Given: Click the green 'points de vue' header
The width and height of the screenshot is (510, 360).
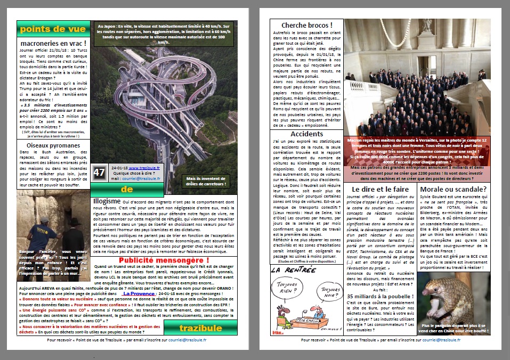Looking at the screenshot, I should pos(52,28).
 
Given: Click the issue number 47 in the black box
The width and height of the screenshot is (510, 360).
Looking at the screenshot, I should pos(99,173).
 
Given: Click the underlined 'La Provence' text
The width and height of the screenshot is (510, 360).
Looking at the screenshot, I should pos(137,293).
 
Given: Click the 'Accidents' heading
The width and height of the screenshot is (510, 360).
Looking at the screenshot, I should pos(307,134).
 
